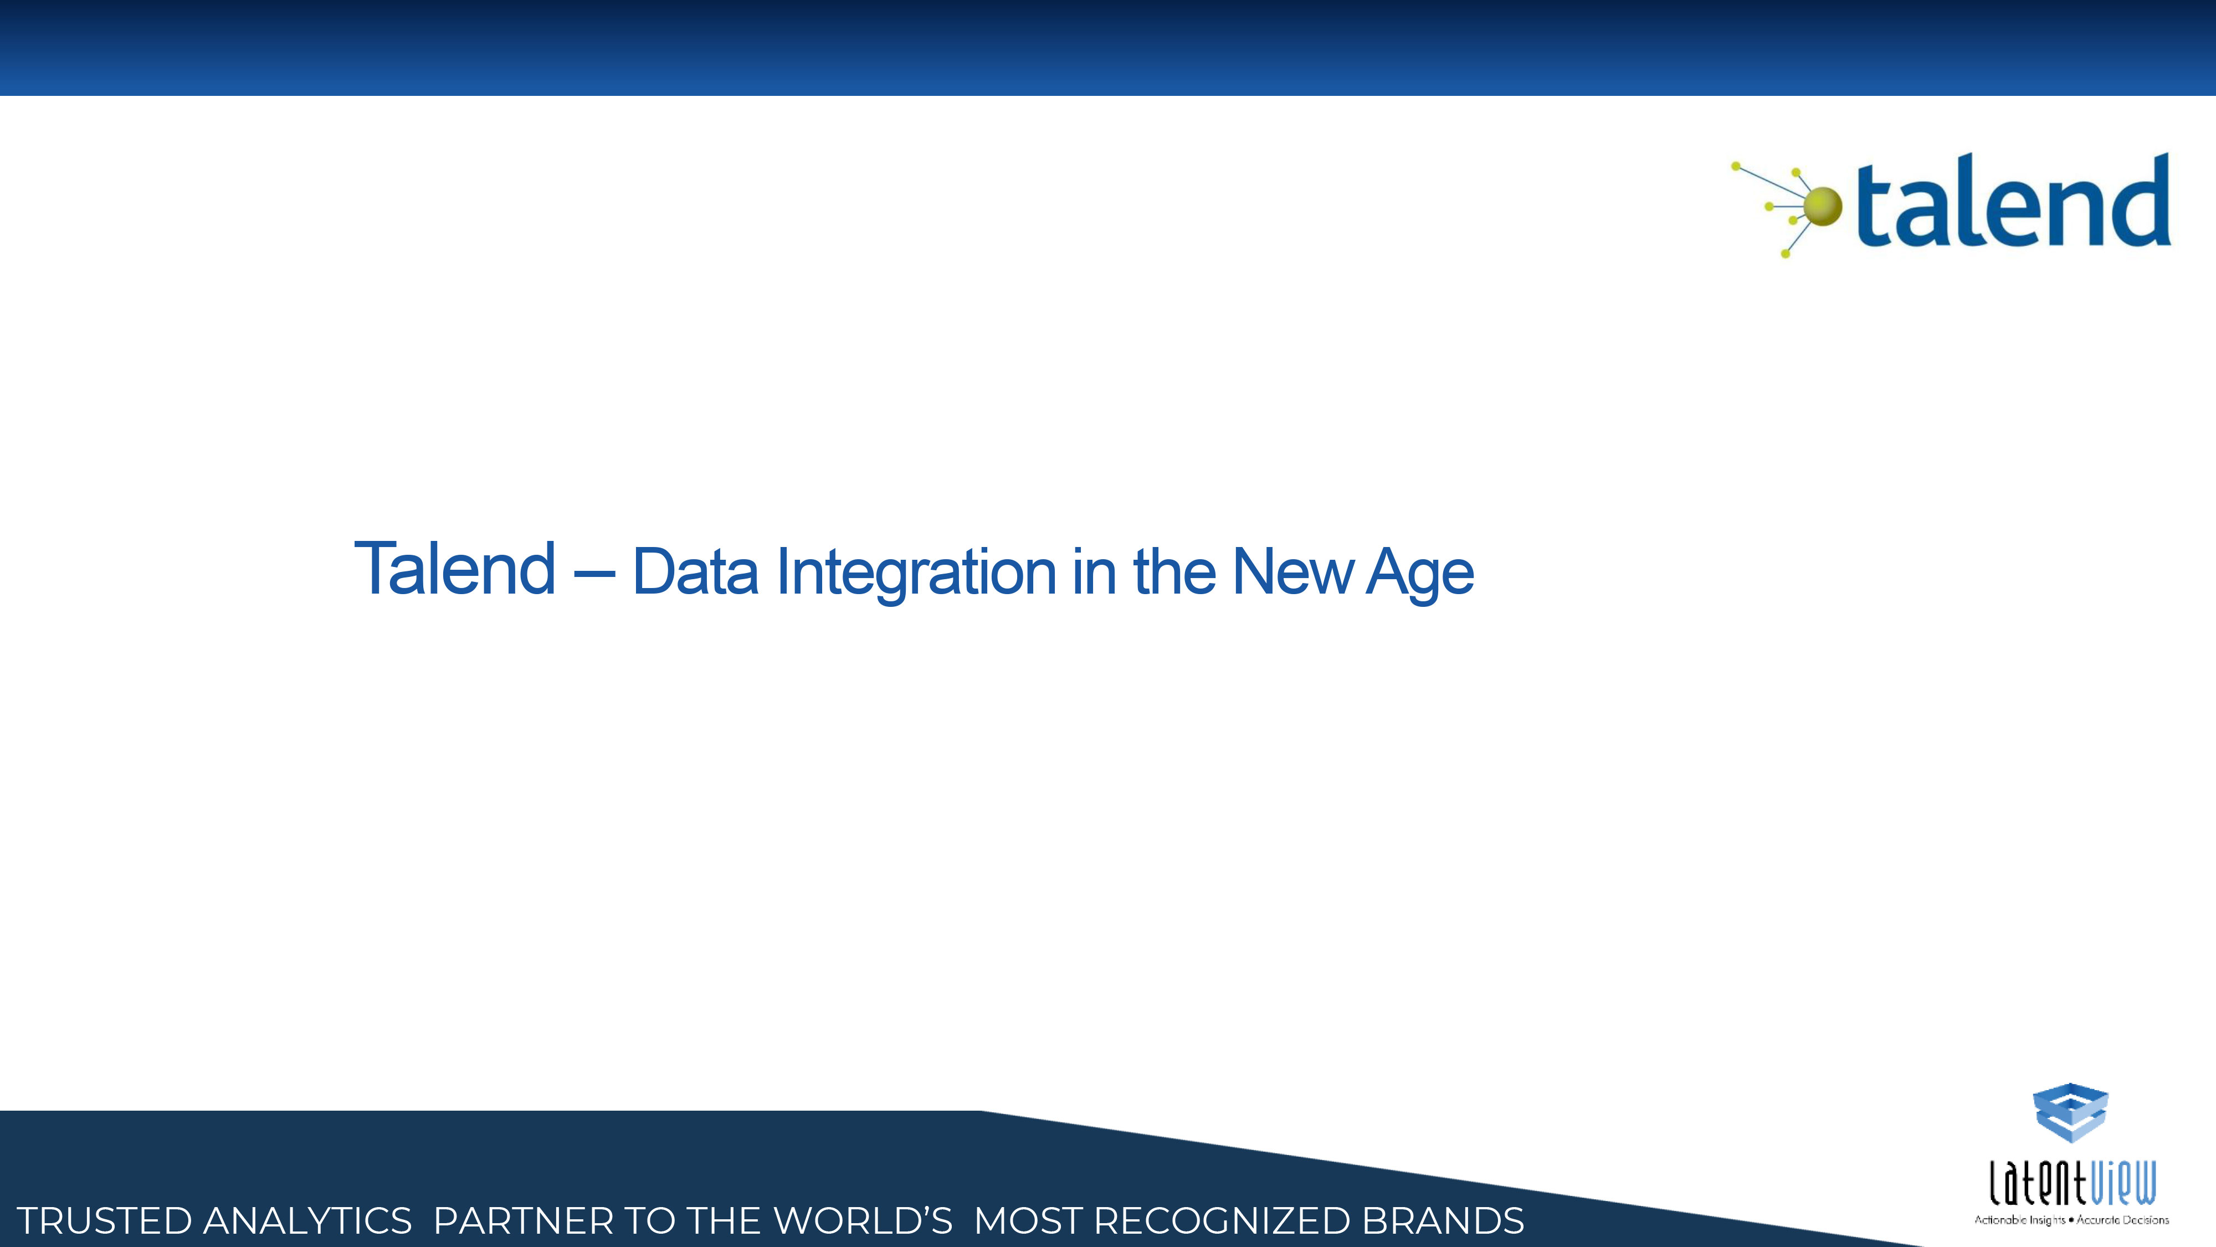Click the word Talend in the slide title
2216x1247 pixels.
[x=454, y=568]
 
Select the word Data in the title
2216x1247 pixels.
[x=695, y=571]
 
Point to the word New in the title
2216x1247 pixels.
[x=1292, y=571]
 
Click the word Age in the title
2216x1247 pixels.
[x=1420, y=575]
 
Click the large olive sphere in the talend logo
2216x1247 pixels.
[x=1822, y=207]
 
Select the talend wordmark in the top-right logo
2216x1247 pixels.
[x=2013, y=201]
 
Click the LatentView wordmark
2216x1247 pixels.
[x=2073, y=1183]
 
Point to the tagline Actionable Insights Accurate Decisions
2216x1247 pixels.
[x=2071, y=1219]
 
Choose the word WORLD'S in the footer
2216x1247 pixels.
[x=863, y=1221]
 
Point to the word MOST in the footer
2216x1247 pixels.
[x=1028, y=1221]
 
